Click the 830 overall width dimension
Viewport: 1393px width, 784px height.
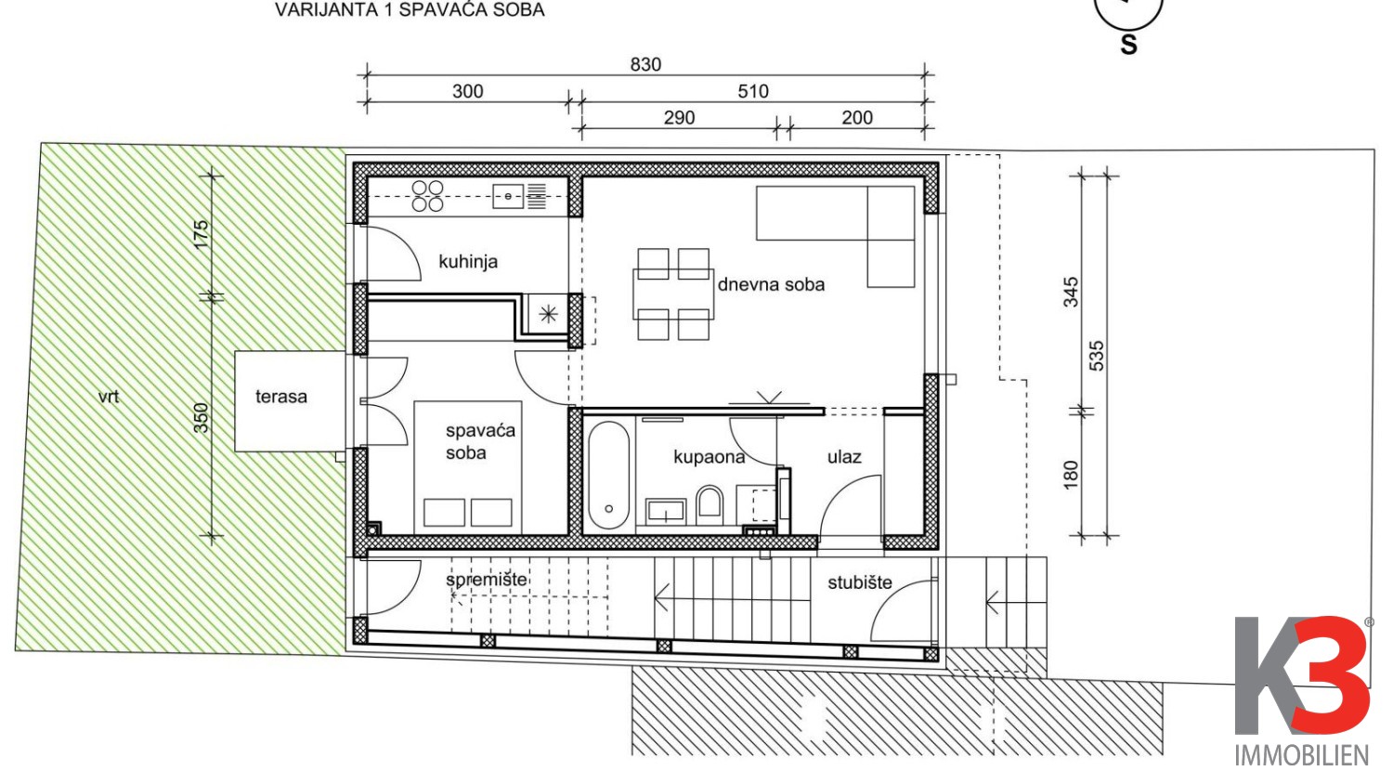pyautogui.click(x=645, y=65)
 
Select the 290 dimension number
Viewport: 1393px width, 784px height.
pyautogui.click(x=679, y=118)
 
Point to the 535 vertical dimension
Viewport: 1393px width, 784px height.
pyautogui.click(x=1097, y=355)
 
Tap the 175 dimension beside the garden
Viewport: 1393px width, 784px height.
pyautogui.click(x=201, y=235)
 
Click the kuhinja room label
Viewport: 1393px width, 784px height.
pyautogui.click(x=468, y=261)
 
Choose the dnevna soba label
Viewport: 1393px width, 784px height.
pyautogui.click(x=771, y=284)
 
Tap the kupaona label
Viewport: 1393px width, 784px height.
pyautogui.click(x=709, y=457)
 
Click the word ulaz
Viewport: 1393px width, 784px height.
pyautogui.click(x=844, y=457)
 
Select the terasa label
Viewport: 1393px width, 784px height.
pyautogui.click(x=281, y=397)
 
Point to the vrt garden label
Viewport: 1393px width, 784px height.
pyautogui.click(x=109, y=397)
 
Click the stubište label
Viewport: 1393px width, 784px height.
pyautogui.click(x=859, y=582)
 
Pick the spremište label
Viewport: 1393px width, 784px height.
pyautogui.click(x=487, y=580)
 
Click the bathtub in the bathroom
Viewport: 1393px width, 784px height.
pyautogui.click(x=609, y=476)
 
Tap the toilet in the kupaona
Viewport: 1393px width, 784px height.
pyautogui.click(x=710, y=502)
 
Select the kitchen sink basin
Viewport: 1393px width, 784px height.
pyautogui.click(x=508, y=197)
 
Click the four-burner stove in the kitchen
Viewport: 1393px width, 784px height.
pyautogui.click(x=428, y=195)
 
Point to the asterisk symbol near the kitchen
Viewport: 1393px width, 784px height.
pyautogui.click(x=548, y=314)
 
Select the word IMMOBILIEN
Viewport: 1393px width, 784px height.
pyautogui.click(x=1302, y=755)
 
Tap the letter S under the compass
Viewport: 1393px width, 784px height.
pyautogui.click(x=1128, y=46)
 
